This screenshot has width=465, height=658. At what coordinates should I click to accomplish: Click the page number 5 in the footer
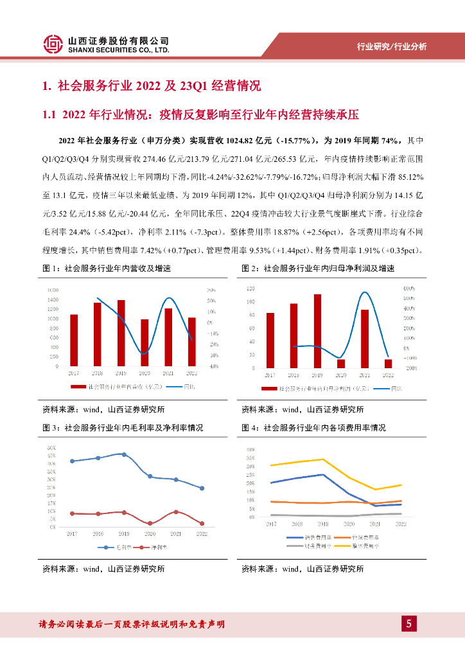[x=408, y=623]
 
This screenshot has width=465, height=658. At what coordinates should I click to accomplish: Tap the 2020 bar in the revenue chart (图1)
[x=145, y=342]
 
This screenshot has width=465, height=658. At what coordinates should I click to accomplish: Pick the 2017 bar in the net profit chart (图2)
[x=270, y=341]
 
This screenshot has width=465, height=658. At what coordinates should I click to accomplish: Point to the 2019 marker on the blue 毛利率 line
[x=124, y=454]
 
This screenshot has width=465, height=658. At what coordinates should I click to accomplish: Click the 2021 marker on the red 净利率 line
[x=176, y=512]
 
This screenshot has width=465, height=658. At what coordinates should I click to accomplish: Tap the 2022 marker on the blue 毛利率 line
[x=202, y=488]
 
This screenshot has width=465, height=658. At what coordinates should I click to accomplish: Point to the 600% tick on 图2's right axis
[x=409, y=289]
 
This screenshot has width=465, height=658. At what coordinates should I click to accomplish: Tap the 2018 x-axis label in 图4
[x=297, y=524]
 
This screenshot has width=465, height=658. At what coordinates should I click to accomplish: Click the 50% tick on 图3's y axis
[x=51, y=447]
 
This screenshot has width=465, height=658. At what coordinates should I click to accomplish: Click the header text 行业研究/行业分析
[x=391, y=46]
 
